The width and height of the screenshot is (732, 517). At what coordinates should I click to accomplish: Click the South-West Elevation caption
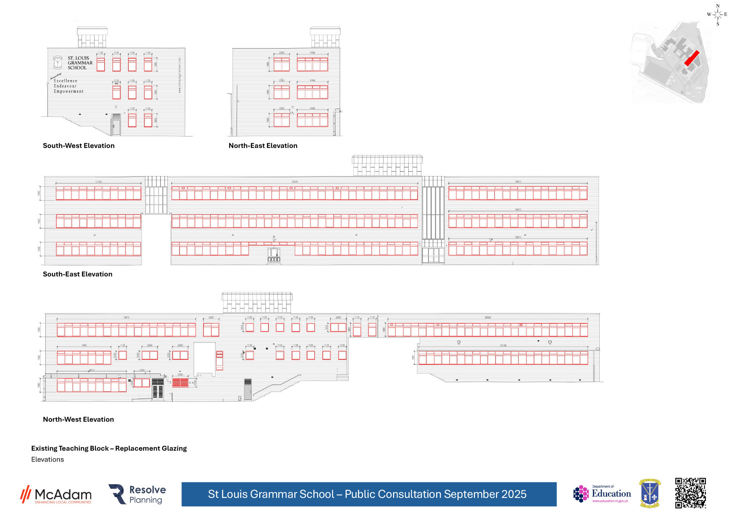79,146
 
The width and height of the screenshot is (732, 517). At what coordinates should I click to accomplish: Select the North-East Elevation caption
263,146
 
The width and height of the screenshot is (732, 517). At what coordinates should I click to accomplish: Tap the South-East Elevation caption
77,274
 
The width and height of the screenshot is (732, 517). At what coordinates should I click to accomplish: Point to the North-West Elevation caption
78,419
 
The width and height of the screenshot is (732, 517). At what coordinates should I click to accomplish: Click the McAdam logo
56,495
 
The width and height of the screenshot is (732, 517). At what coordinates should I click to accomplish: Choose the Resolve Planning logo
137,495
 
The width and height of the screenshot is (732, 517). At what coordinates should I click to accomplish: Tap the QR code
690,493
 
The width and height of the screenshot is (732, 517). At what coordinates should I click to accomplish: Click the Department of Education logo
602,494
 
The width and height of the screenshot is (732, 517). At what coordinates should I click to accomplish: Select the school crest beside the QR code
650,493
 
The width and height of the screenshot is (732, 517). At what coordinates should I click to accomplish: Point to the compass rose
718,14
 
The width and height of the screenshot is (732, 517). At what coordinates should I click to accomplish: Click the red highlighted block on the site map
692,58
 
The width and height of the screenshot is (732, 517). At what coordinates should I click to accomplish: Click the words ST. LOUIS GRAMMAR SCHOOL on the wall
80,63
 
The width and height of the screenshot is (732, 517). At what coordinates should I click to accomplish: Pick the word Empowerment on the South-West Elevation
69,92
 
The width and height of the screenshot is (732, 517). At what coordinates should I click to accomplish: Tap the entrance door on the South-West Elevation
116,125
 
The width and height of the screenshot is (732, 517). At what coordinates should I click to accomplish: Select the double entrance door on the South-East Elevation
274,255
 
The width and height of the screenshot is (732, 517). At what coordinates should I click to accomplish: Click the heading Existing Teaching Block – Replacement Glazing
109,448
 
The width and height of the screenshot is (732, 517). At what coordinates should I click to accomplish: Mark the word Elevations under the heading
48,459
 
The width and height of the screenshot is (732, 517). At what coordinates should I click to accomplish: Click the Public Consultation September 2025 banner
369,494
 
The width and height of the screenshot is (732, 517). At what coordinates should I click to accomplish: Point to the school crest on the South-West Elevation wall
58,62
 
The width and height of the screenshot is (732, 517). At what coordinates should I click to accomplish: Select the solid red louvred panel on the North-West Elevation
180,382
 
